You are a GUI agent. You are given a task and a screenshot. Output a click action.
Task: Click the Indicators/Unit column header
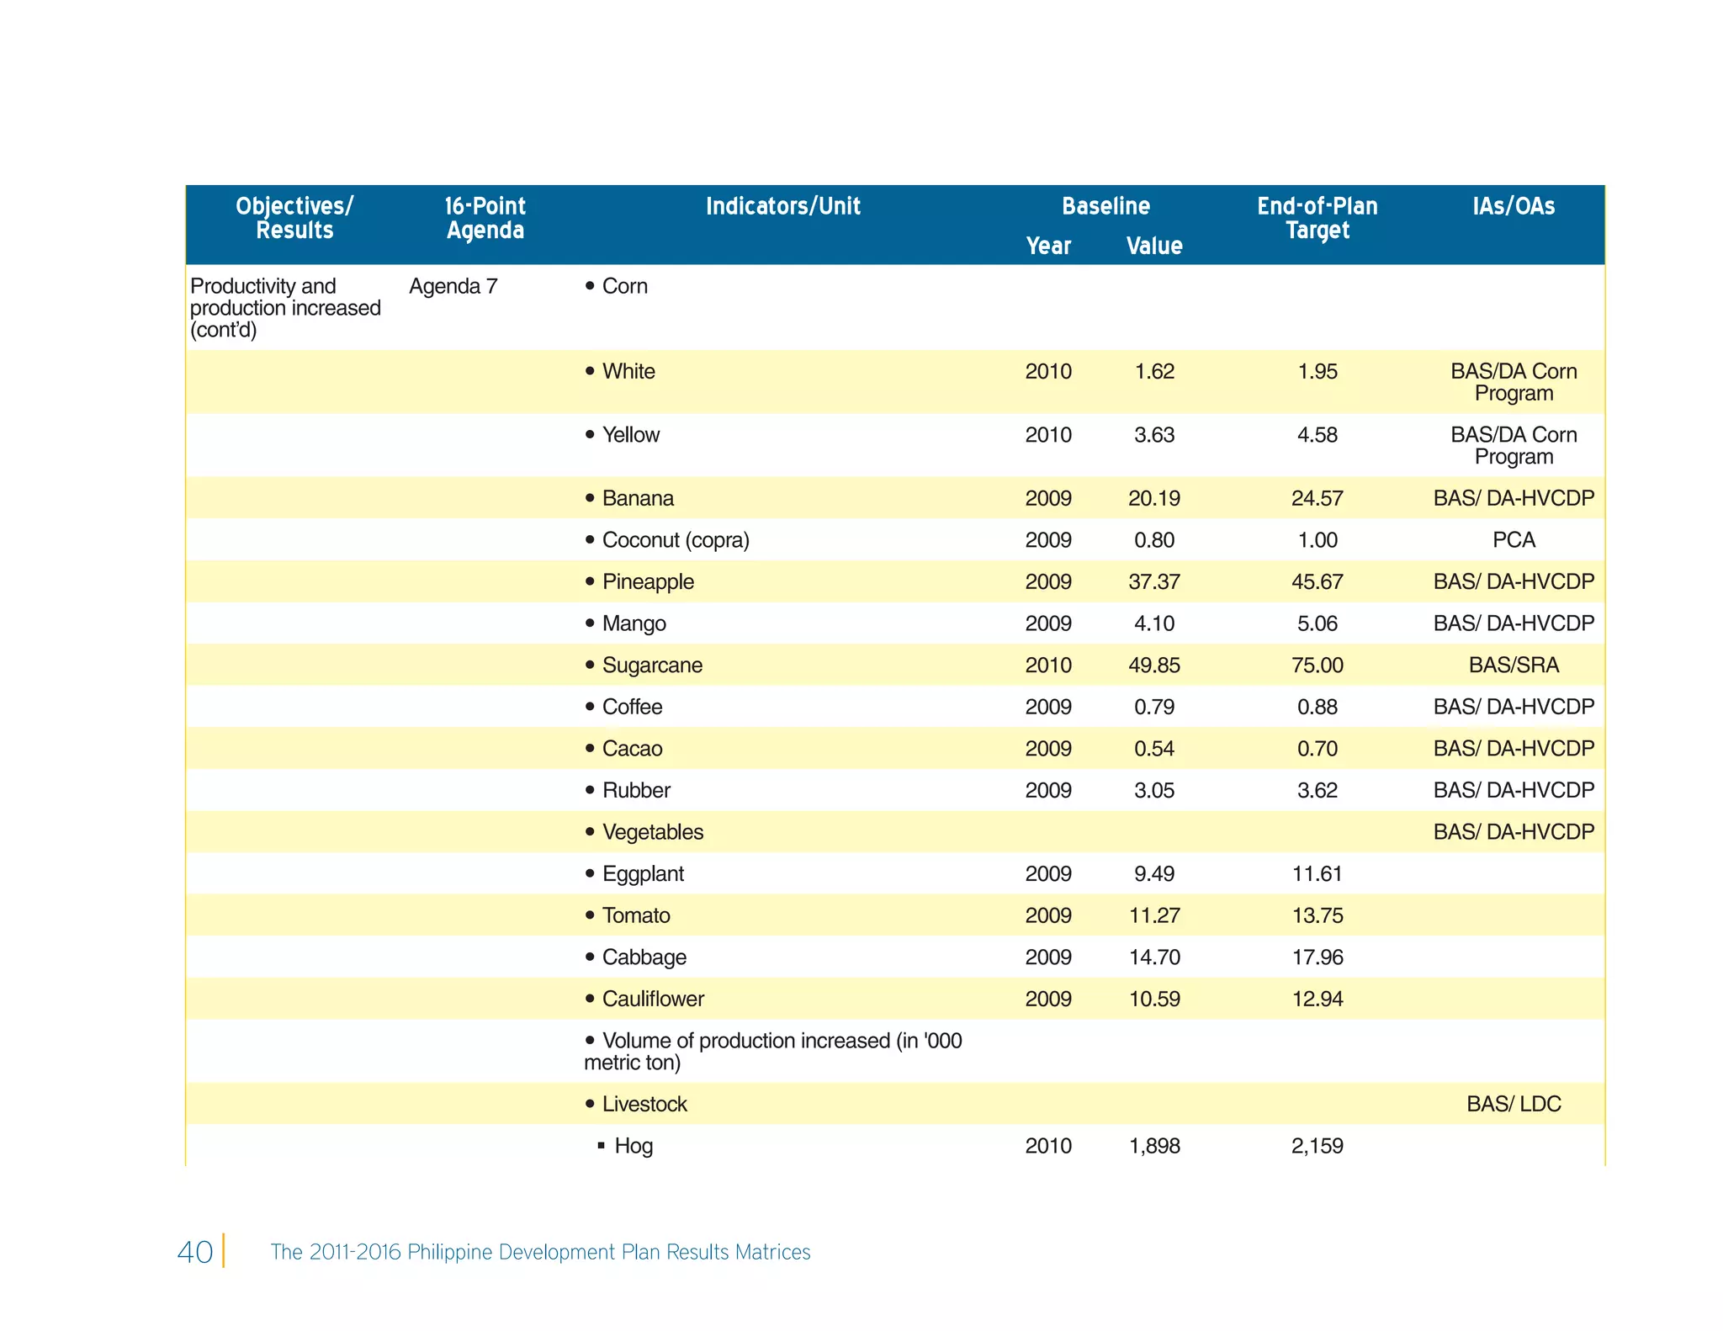782,207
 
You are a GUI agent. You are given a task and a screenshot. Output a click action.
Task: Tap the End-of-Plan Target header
1317,218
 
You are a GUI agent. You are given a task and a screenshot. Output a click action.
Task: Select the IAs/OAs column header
1513,207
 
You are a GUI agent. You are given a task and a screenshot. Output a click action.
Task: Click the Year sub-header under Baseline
1047,246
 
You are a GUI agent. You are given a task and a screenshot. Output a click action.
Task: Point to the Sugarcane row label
652,665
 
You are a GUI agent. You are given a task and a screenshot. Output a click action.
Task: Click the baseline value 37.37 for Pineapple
1153,582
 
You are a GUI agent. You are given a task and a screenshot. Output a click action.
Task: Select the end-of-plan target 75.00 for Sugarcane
1317,665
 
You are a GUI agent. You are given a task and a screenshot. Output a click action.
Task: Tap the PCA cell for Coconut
1513,540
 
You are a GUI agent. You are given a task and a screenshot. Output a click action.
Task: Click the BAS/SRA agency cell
1513,665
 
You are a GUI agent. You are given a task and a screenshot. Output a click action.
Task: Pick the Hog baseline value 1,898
1153,1146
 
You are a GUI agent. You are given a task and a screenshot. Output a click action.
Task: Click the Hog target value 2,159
1317,1146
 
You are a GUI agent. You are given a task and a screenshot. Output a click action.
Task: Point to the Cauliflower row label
653,1000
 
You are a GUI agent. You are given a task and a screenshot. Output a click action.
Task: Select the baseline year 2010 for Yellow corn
1047,435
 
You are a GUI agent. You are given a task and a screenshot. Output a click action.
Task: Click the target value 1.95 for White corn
1317,372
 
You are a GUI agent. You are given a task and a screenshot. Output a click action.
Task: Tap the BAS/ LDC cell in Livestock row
1513,1104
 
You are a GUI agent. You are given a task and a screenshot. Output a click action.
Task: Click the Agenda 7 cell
453,287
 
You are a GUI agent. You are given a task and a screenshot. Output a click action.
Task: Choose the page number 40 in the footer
194,1252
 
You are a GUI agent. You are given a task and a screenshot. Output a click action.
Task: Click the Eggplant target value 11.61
1317,874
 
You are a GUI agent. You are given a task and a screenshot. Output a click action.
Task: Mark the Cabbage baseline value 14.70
1153,957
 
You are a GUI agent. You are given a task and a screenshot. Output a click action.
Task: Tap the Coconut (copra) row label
675,540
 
